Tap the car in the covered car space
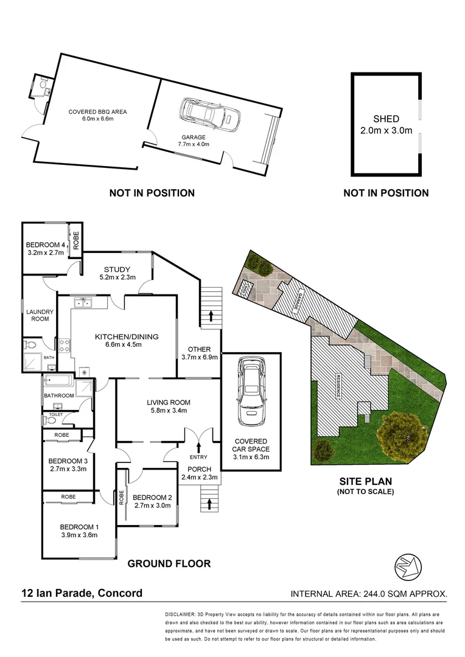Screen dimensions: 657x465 251,392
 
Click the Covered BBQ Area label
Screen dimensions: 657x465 97,115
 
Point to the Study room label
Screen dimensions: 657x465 118,273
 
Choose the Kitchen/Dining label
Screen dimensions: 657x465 126,341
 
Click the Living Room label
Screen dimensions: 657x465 168,406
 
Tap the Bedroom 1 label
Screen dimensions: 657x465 79,531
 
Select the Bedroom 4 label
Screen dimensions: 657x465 46,250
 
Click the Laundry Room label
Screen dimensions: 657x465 40,316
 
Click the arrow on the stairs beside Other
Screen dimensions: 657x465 211,316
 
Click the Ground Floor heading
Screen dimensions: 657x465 169,564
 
